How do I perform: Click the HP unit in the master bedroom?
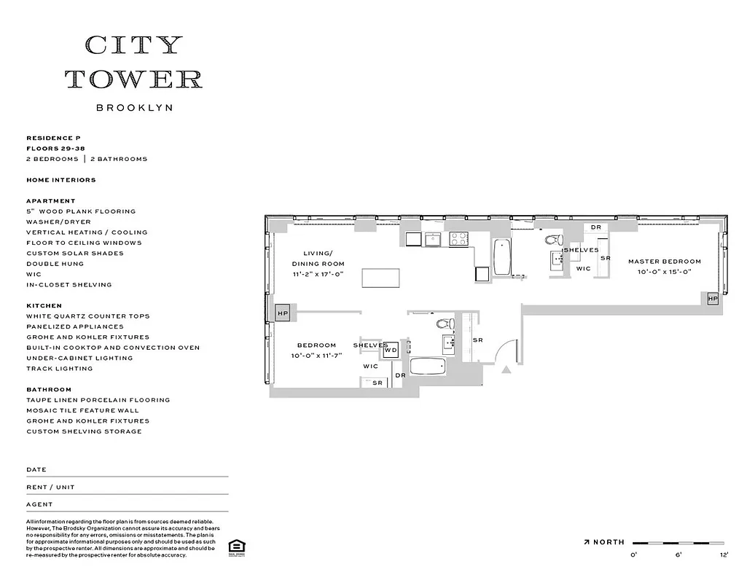pyautogui.click(x=712, y=299)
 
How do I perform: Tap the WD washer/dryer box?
pyautogui.click(x=391, y=350)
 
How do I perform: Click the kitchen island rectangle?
pyautogui.click(x=380, y=278)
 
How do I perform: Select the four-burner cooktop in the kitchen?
pyautogui.click(x=458, y=238)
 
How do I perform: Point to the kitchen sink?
pyautogui.click(x=434, y=238)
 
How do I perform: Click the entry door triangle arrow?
pyautogui.click(x=506, y=370)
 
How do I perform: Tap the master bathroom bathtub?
pyautogui.click(x=503, y=257)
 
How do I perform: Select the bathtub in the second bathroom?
pyautogui.click(x=427, y=367)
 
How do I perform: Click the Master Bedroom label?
pyautogui.click(x=664, y=261)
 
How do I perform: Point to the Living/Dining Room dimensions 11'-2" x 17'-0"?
pyautogui.click(x=318, y=274)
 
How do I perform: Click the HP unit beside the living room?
pyautogui.click(x=283, y=313)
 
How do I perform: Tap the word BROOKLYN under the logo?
pyautogui.click(x=134, y=107)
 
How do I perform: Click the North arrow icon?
pyautogui.click(x=587, y=542)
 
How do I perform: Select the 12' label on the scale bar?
pyautogui.click(x=724, y=555)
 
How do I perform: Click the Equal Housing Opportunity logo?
pyautogui.click(x=235, y=547)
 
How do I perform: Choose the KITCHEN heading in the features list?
pyautogui.click(x=44, y=305)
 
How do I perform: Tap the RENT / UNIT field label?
pyautogui.click(x=50, y=487)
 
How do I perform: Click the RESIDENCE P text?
pyautogui.click(x=54, y=138)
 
